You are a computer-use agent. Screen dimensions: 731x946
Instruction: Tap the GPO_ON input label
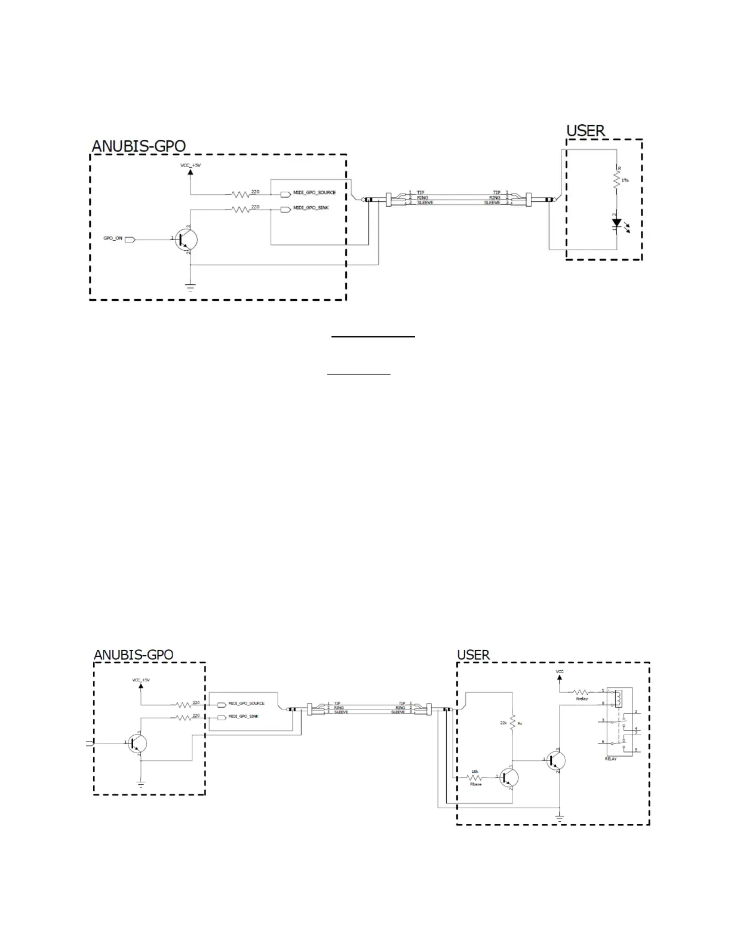pyautogui.click(x=113, y=238)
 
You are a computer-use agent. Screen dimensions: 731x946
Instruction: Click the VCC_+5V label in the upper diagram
pyautogui.click(x=191, y=164)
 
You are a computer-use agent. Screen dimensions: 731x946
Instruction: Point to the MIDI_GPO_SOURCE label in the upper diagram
pyautogui.click(x=314, y=193)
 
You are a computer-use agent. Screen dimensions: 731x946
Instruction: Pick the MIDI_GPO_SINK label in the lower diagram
pyautogui.click(x=243, y=716)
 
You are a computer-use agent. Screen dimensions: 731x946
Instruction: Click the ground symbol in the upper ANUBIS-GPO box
pyautogui.click(x=189, y=286)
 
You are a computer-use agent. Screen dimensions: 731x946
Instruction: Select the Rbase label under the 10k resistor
pyautogui.click(x=475, y=784)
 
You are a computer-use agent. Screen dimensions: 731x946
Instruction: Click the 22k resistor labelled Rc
pyautogui.click(x=512, y=723)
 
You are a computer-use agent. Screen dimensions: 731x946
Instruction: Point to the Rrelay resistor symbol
pyautogui.click(x=581, y=692)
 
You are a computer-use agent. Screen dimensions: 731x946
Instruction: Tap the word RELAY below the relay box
pyautogui.click(x=610, y=759)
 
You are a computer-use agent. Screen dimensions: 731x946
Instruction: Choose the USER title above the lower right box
pyautogui.click(x=473, y=655)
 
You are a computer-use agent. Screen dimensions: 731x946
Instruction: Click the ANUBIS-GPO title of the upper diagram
pyautogui.click(x=139, y=146)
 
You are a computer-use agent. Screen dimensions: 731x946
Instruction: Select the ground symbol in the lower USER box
pyautogui.click(x=559, y=816)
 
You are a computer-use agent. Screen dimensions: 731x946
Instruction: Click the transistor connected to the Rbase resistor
pyautogui.click(x=509, y=777)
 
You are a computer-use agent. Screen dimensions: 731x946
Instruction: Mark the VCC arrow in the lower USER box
pyautogui.click(x=560, y=677)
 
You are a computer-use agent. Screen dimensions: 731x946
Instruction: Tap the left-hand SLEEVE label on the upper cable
pyautogui.click(x=425, y=203)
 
